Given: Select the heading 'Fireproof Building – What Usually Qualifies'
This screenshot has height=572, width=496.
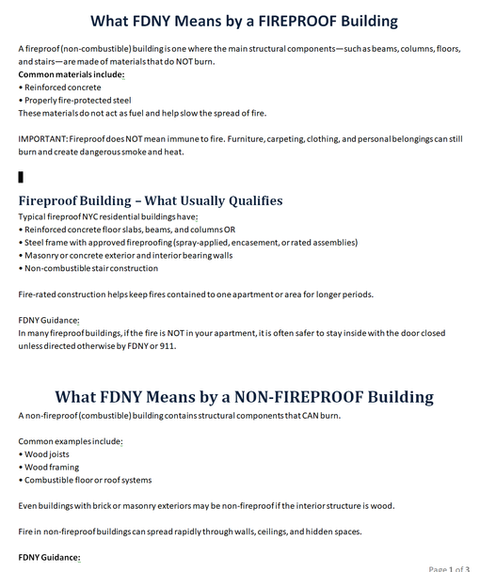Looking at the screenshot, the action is tap(151, 200).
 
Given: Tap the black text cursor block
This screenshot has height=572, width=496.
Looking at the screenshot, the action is tap(21, 176).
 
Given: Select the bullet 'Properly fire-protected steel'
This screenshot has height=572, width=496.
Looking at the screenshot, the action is tap(77, 100).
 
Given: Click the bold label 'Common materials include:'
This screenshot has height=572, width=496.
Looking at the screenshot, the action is tap(71, 73).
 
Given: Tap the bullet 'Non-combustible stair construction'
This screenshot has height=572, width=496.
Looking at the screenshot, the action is tap(90, 268).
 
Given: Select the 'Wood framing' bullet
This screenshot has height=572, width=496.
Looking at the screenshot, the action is tap(55, 467).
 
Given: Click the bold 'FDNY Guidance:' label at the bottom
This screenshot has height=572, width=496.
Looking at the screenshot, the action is tap(49, 557).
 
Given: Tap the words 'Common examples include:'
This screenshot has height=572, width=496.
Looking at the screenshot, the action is tap(71, 440).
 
